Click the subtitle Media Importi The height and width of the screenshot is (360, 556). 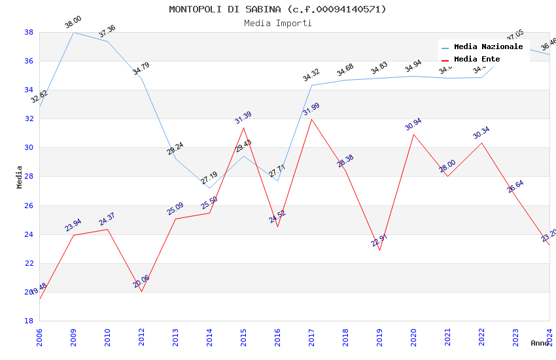coord(277,23)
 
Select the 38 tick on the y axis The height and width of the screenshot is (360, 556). coord(29,32)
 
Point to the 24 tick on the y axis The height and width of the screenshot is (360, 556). coord(29,234)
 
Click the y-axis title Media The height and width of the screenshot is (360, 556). coord(20,177)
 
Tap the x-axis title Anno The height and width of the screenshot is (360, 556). coord(540,343)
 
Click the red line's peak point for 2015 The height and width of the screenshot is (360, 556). coord(244,127)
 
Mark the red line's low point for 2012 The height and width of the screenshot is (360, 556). coord(141,291)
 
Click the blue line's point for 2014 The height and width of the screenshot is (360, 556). coord(210,188)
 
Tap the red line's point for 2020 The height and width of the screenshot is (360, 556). coord(413,134)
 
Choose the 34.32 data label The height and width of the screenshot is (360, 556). coord(311,75)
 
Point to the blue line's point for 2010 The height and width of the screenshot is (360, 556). coord(107,41)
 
